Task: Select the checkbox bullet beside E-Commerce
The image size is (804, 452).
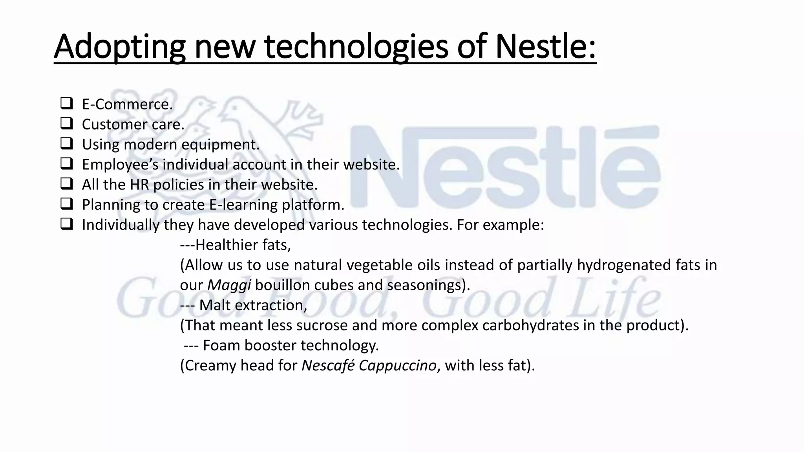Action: pyautogui.click(x=66, y=104)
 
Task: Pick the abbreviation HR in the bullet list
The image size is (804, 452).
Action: pyautogui.click(x=139, y=185)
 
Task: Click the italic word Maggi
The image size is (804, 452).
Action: pyautogui.click(x=229, y=285)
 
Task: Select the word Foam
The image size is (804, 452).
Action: pyautogui.click(x=221, y=345)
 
